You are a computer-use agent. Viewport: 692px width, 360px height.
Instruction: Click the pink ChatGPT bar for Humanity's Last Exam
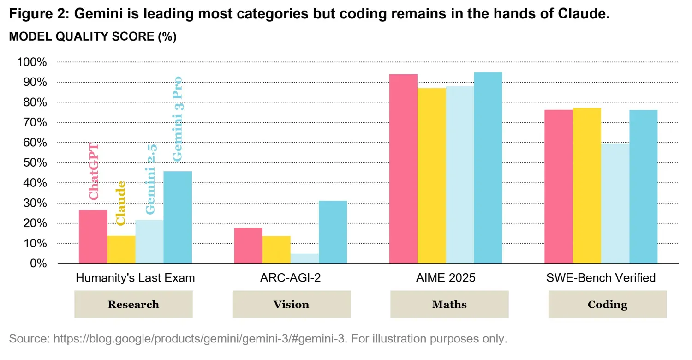[93, 237]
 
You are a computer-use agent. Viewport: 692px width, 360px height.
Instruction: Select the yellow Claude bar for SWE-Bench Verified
[587, 186]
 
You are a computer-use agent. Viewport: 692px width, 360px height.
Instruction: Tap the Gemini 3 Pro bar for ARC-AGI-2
[333, 232]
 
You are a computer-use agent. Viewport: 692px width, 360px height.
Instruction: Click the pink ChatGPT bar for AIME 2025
[403, 169]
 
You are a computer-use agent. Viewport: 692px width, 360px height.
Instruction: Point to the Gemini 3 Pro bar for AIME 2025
[488, 168]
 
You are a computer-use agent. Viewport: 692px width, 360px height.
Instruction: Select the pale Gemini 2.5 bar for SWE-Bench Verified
[615, 203]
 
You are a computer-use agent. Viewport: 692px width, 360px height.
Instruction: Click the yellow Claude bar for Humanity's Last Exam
[121, 250]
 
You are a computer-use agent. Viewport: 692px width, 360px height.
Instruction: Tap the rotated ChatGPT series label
[94, 171]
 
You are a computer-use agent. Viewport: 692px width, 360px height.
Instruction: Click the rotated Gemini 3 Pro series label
[178, 119]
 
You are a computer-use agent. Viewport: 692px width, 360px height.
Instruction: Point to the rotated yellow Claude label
[121, 203]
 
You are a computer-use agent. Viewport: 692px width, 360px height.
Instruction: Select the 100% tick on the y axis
[32, 62]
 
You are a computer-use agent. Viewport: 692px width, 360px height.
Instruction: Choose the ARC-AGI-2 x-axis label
[291, 278]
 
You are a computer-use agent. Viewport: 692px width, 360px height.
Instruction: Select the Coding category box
[607, 305]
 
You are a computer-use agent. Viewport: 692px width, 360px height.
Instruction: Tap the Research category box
[133, 305]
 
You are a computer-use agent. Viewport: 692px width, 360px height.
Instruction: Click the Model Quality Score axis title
[93, 37]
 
